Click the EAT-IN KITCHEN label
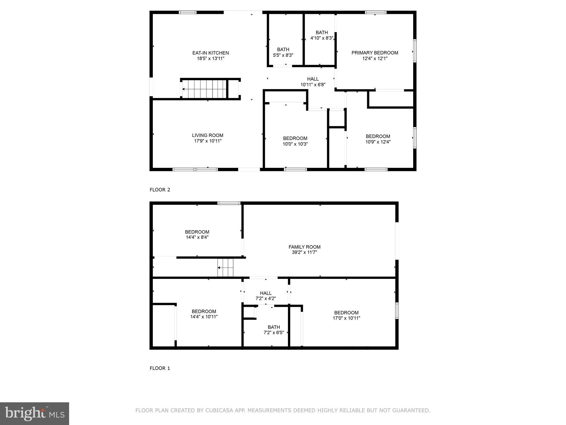[210, 53]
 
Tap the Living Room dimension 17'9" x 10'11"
[208, 141]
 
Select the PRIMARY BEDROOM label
[374, 53]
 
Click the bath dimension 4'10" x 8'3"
[322, 38]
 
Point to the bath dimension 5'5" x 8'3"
[283, 55]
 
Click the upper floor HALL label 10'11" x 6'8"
[313, 79]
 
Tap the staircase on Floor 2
[204, 89]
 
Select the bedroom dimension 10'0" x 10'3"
[295, 144]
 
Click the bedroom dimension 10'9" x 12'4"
[378, 142]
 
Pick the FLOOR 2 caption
[160, 190]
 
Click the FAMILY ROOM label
[304, 247]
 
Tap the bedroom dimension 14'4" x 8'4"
[197, 237]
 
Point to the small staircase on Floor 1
[225, 268]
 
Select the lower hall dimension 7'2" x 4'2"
[266, 299]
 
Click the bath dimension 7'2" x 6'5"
[274, 333]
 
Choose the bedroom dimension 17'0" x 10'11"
[346, 318]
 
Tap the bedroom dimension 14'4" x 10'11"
[204, 317]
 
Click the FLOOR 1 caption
[160, 368]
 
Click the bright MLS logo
[34, 413]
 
